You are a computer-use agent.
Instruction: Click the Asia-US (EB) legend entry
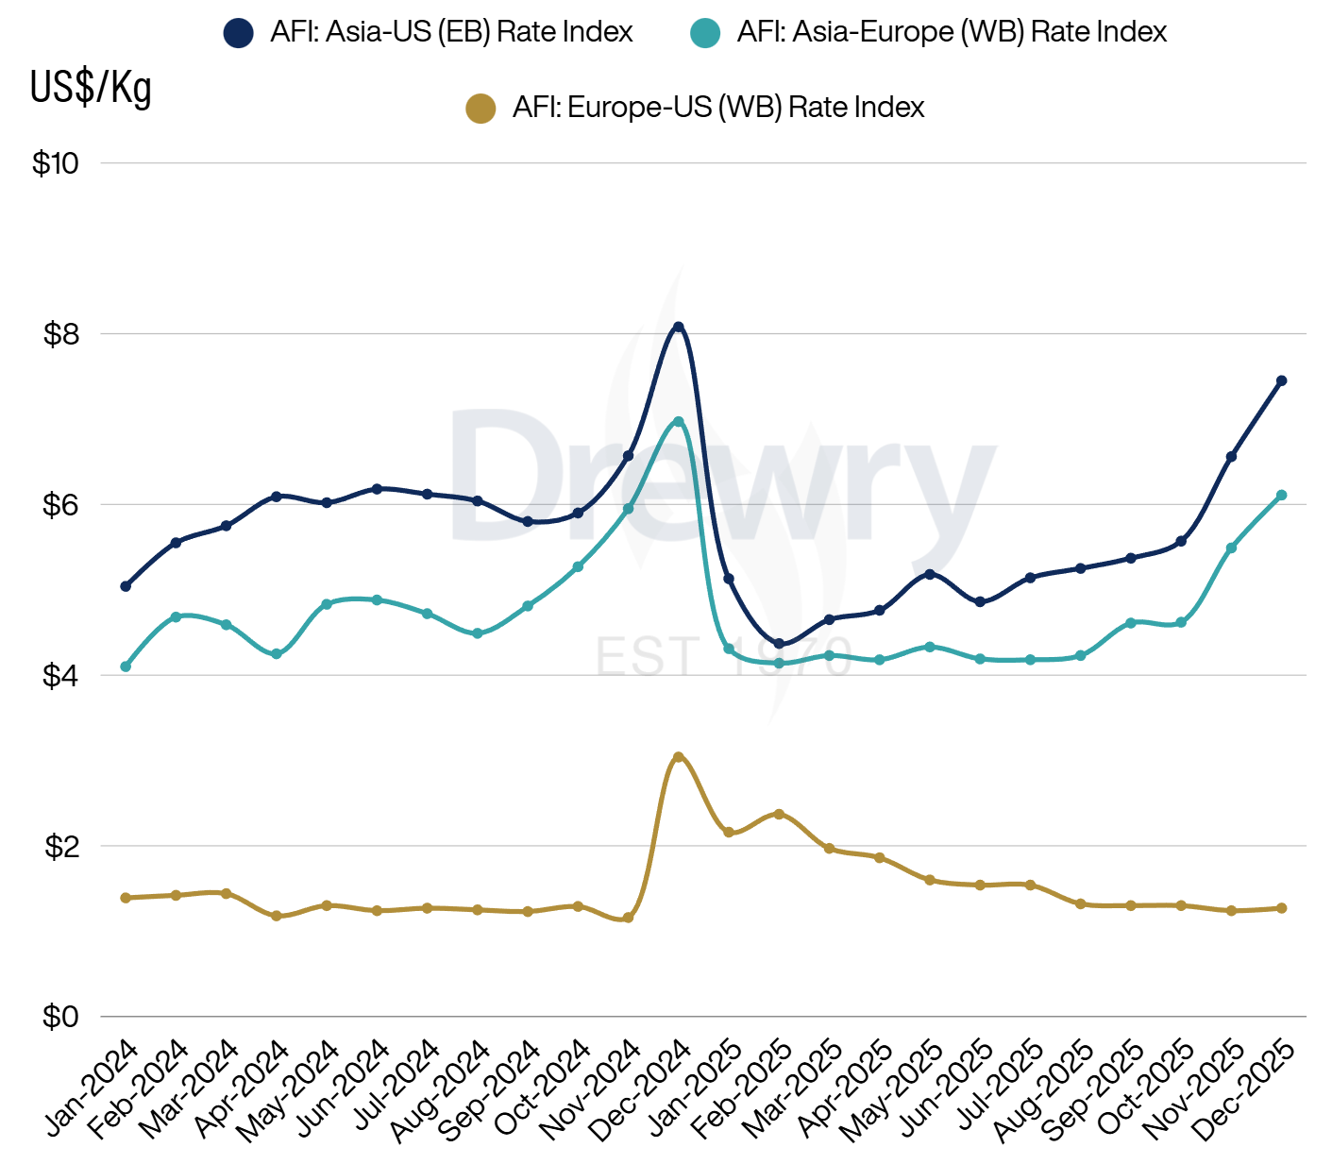(x=429, y=33)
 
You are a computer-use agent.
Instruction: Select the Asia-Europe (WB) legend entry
(x=930, y=33)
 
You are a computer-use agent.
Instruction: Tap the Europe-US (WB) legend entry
(x=696, y=108)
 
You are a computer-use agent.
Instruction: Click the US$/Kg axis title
(x=91, y=88)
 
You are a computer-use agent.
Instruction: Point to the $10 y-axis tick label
(x=56, y=163)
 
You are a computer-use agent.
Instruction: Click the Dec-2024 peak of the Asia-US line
(x=678, y=328)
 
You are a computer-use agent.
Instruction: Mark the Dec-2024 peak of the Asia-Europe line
(x=678, y=421)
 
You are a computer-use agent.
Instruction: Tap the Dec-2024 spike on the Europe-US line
(x=678, y=757)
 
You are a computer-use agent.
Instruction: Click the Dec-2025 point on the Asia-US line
(x=1281, y=381)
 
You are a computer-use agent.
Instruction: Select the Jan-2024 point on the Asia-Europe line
(x=126, y=666)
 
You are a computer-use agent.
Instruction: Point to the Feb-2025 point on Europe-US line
(x=779, y=814)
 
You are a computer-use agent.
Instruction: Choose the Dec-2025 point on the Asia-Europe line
(x=1281, y=496)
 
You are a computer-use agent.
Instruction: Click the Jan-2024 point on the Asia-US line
(x=126, y=586)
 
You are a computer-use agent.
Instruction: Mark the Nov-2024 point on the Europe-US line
(x=628, y=918)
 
